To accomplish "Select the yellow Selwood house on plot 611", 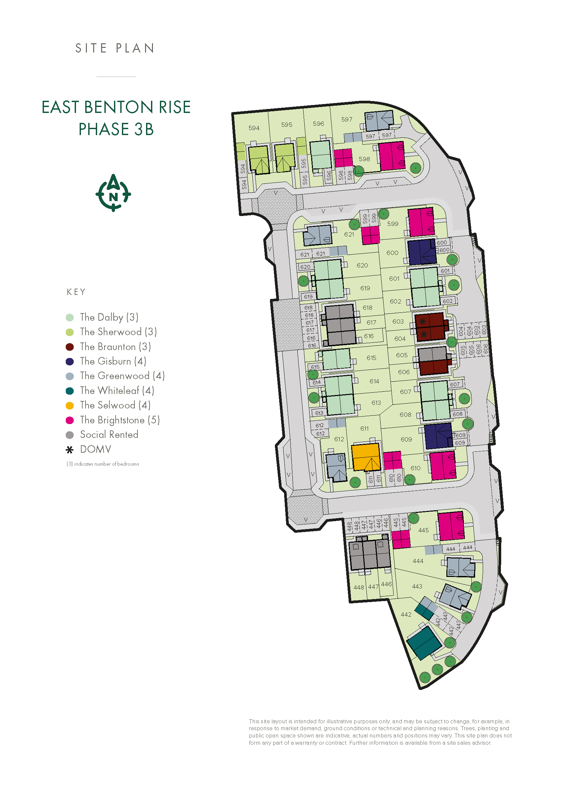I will click(x=365, y=457).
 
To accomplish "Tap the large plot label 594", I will click(x=254, y=128).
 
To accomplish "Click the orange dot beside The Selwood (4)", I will click(x=70, y=406).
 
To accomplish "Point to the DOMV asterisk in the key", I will click(x=70, y=450).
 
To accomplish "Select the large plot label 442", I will click(x=406, y=614).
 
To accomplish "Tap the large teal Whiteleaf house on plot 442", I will click(x=424, y=643).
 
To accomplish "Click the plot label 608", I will click(x=405, y=414).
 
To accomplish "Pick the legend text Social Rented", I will click(x=109, y=435).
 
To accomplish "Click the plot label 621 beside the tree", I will click(x=349, y=234).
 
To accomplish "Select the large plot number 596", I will click(x=318, y=124).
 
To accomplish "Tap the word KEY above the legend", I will click(x=76, y=292).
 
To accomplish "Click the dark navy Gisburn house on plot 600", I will click(x=421, y=252).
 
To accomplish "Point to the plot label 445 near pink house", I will click(x=423, y=530).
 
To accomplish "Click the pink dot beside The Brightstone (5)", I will click(x=70, y=420).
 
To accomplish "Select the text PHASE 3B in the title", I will click(x=116, y=129).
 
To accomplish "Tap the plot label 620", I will click(x=362, y=265).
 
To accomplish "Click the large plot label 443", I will click(x=417, y=586).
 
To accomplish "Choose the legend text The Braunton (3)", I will click(x=115, y=347).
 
